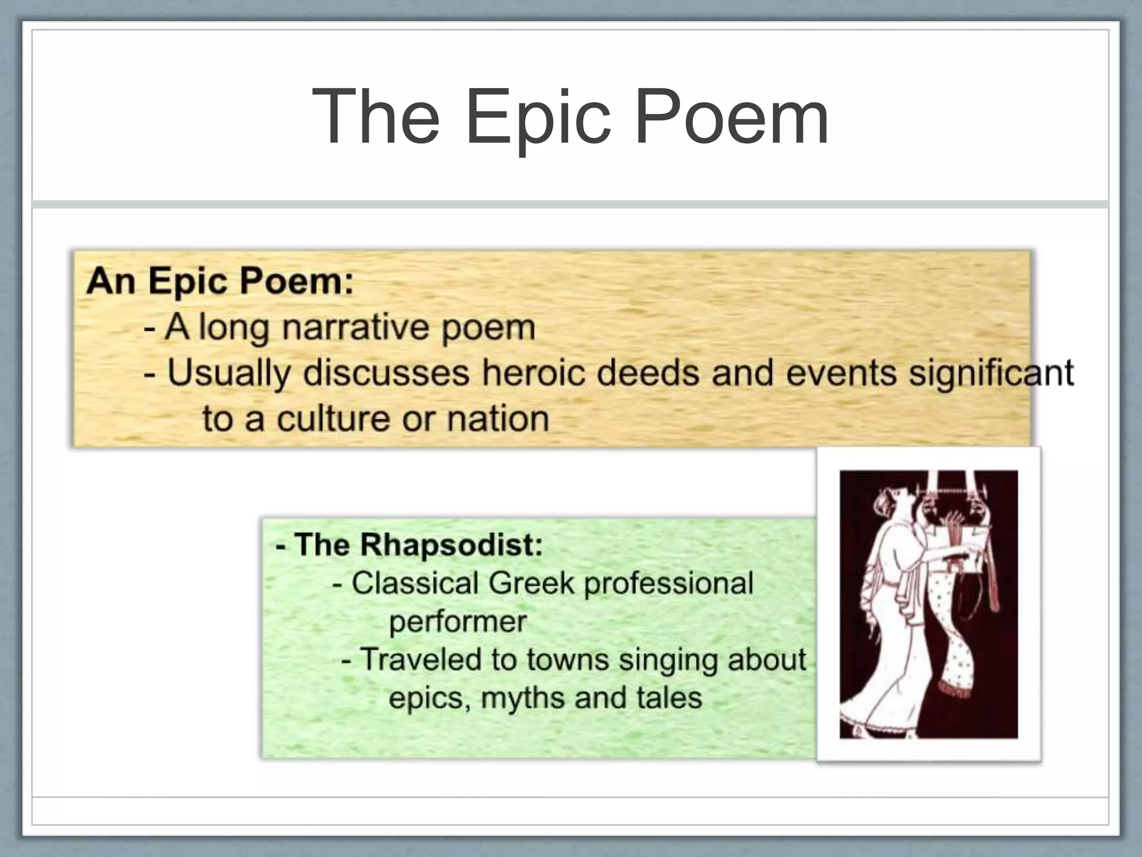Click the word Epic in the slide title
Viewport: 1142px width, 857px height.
[539, 118]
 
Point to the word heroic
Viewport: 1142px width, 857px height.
[534, 372]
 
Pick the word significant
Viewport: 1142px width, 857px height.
[991, 373]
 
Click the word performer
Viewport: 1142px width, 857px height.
[458, 622]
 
